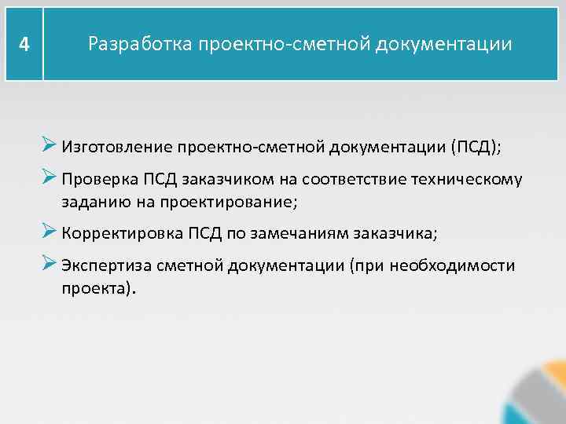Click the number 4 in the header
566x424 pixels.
tap(24, 45)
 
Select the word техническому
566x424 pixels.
tap(467, 179)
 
